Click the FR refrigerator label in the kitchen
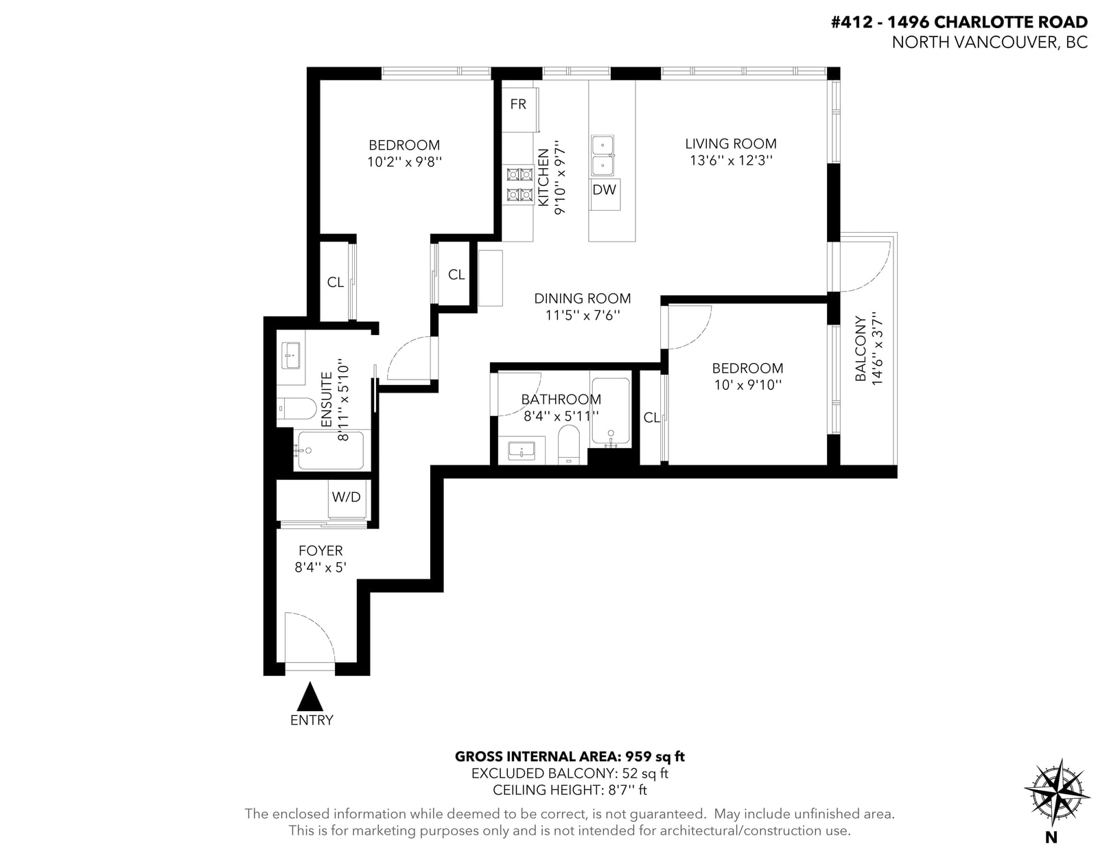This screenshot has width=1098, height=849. pyautogui.click(x=518, y=104)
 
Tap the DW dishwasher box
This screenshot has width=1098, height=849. pyautogui.click(x=605, y=194)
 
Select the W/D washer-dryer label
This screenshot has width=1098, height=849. pyautogui.click(x=346, y=498)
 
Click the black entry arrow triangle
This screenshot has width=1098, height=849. pyautogui.click(x=309, y=697)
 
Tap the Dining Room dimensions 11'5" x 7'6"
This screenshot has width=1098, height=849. pyautogui.click(x=583, y=315)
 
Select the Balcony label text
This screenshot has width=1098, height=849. pyautogui.click(x=861, y=349)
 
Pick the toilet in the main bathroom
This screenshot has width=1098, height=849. pyautogui.click(x=569, y=443)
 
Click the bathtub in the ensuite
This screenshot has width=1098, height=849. pyautogui.click(x=331, y=450)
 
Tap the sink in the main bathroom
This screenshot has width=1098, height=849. pyautogui.click(x=522, y=450)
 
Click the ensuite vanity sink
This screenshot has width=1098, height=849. pyautogui.click(x=290, y=356)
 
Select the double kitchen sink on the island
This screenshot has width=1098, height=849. pyautogui.click(x=603, y=156)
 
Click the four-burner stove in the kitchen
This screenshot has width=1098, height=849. pyautogui.click(x=520, y=185)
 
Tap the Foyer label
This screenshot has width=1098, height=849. pyautogui.click(x=320, y=550)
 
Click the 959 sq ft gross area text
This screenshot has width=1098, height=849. pyautogui.click(x=655, y=756)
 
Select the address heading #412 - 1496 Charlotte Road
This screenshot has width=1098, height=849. pyautogui.click(x=959, y=22)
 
